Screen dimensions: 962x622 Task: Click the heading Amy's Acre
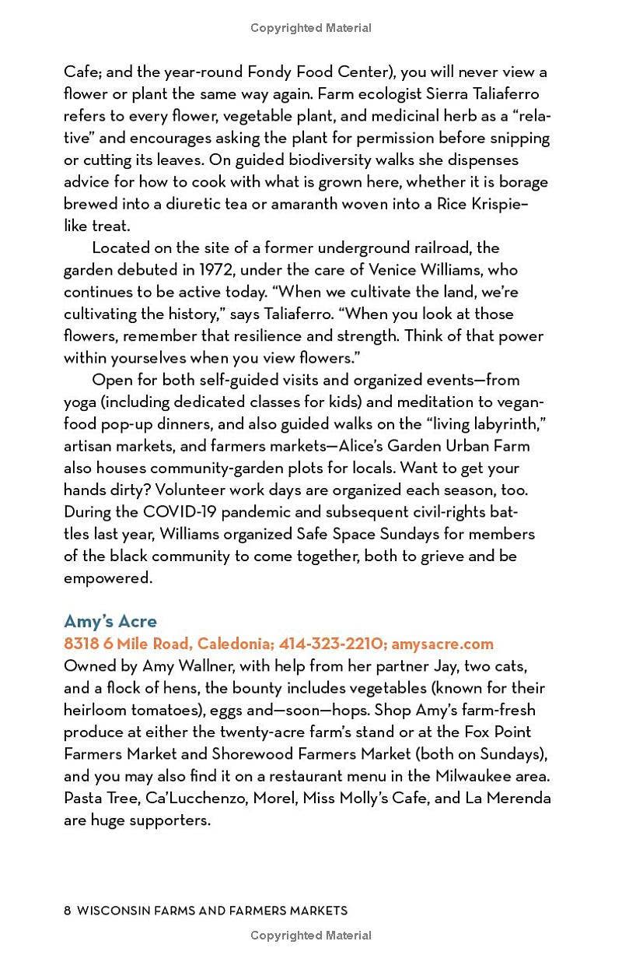(x=110, y=621)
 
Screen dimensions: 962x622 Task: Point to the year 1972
(x=216, y=270)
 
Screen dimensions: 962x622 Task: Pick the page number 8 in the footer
(x=68, y=910)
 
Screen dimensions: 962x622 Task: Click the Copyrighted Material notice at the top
(x=311, y=28)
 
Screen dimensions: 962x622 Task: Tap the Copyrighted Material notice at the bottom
(x=311, y=936)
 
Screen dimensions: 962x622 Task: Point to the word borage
(x=525, y=182)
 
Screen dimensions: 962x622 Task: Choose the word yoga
(x=80, y=402)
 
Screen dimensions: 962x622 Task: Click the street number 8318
(x=82, y=644)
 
